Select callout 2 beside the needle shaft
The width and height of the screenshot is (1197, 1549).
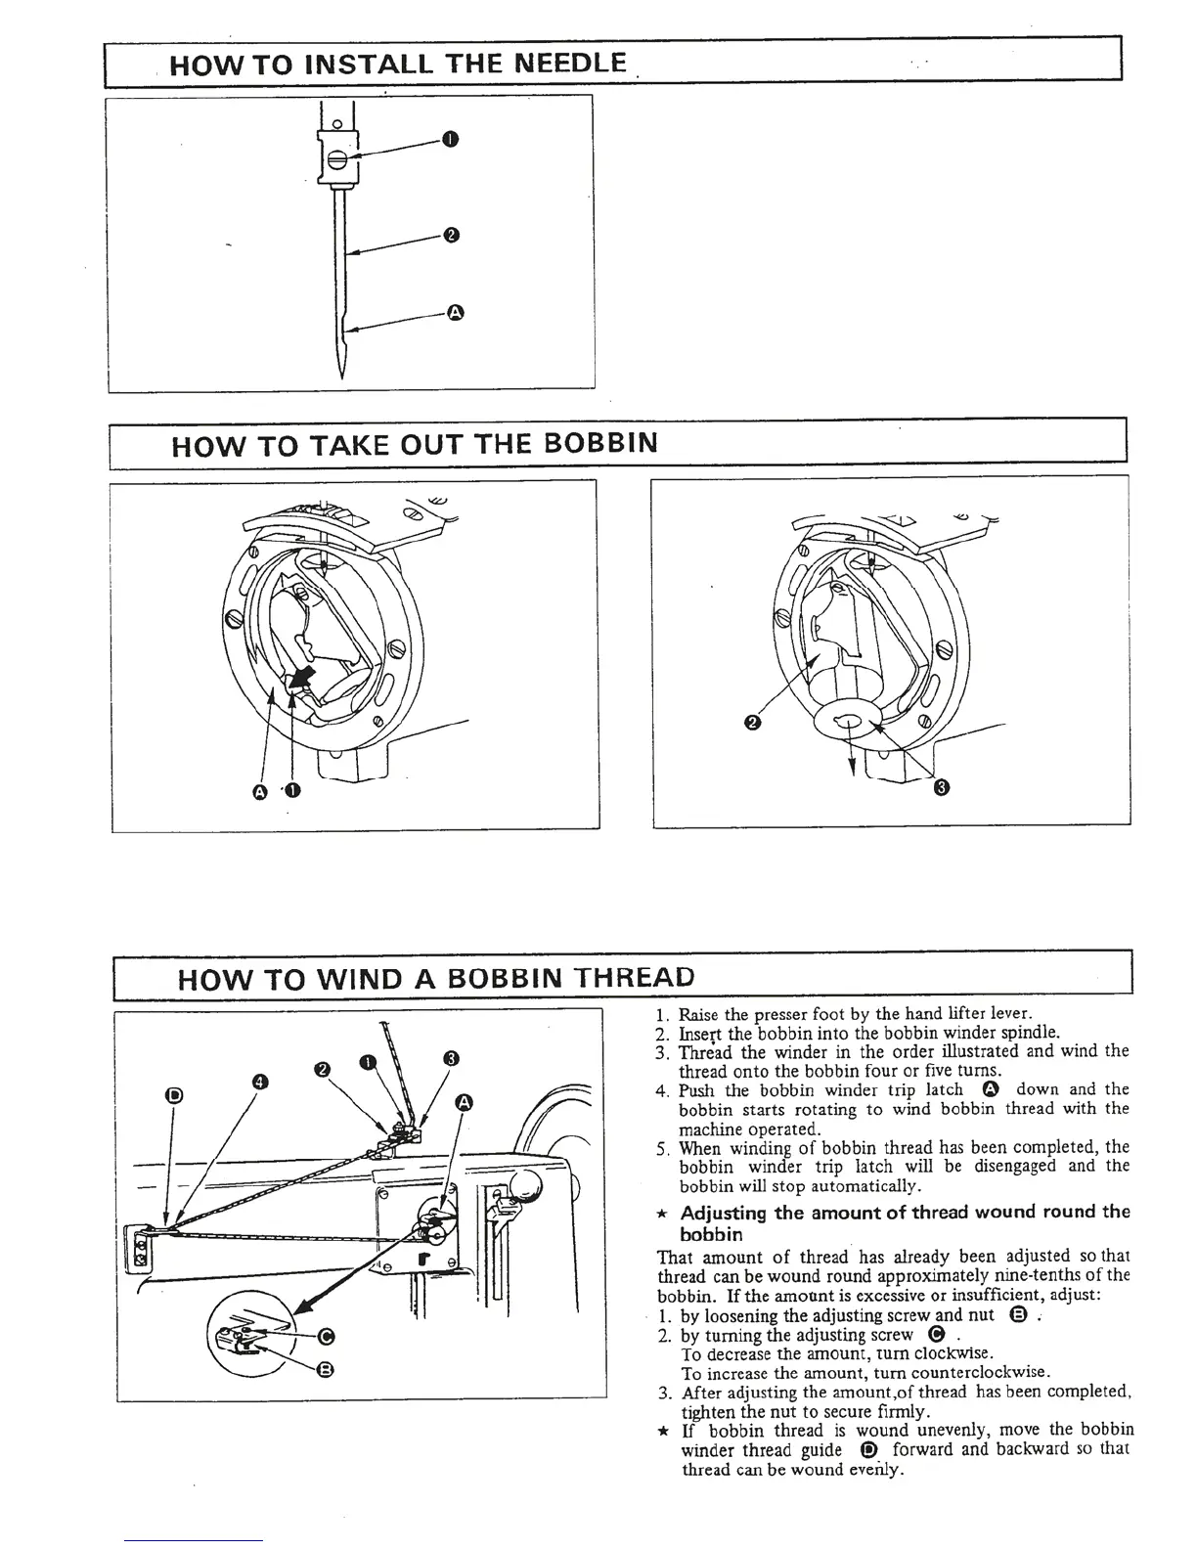(450, 235)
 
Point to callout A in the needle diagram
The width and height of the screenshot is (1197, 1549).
(454, 312)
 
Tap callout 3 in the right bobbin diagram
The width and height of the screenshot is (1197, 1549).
(942, 787)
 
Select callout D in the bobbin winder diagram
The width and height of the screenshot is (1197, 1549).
(174, 1095)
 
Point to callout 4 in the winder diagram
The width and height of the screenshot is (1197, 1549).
(259, 1081)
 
